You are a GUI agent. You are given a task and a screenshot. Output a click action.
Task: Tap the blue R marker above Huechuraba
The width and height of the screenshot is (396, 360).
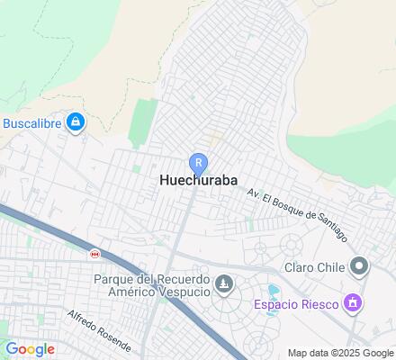tap(198, 162)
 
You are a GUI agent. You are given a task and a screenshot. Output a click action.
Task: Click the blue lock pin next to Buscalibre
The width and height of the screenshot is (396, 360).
tap(76, 122)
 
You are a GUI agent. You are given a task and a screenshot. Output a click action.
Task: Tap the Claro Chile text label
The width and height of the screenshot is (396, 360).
tap(314, 267)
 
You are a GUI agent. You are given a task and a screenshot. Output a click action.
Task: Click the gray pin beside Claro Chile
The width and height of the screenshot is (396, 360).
tap(360, 265)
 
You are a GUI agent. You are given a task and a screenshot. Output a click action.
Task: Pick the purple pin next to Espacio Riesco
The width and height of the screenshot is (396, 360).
tap(353, 303)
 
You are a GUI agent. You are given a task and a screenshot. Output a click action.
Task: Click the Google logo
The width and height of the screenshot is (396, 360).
tap(30, 349)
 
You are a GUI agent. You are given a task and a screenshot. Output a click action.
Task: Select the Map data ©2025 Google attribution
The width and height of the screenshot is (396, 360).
tap(340, 353)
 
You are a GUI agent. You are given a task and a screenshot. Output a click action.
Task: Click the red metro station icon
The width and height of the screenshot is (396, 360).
tap(94, 254)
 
